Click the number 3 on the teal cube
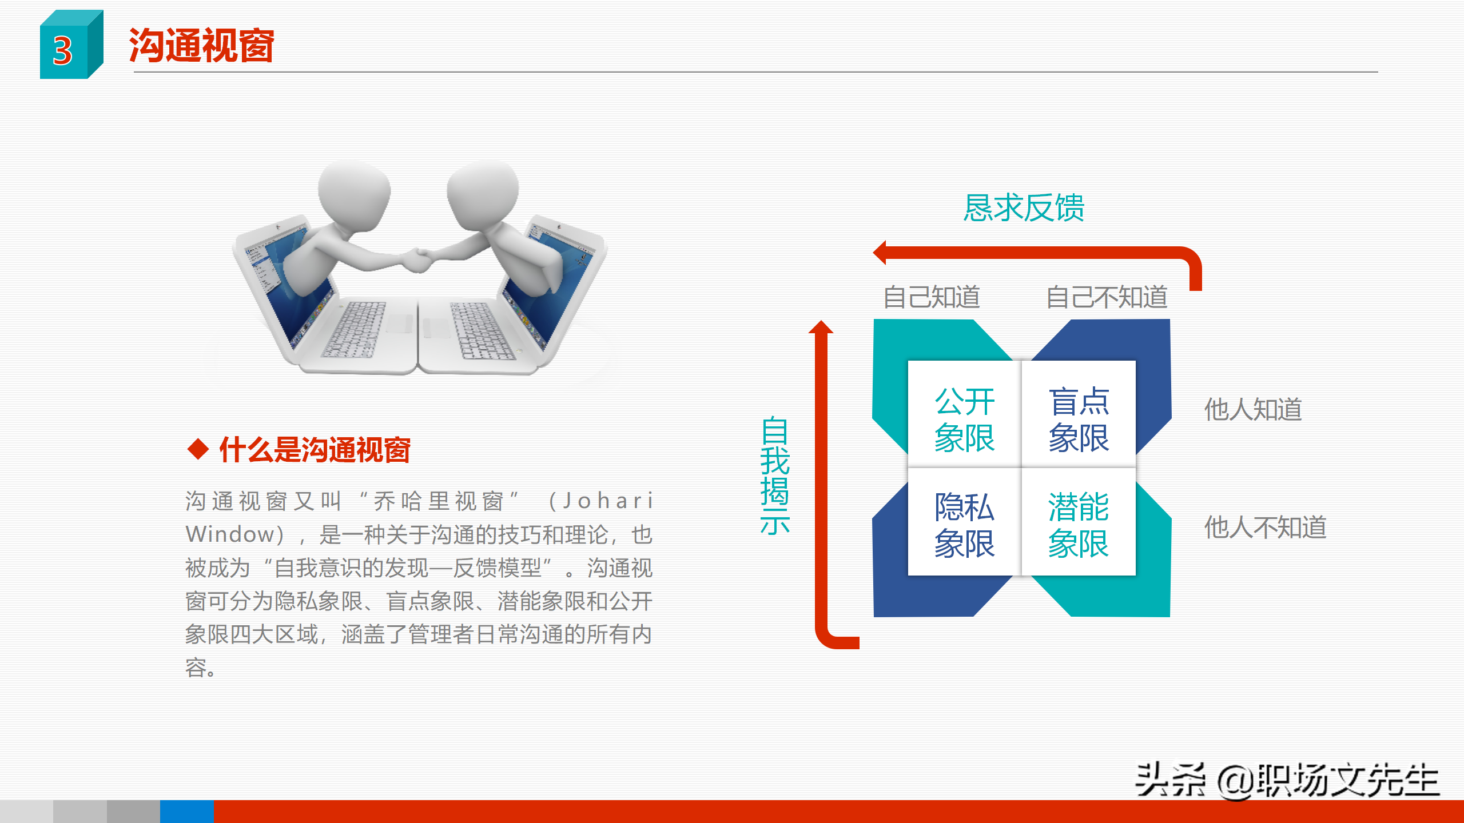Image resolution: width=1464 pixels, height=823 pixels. (x=63, y=51)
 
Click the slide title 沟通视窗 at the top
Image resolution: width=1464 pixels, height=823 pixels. (x=201, y=46)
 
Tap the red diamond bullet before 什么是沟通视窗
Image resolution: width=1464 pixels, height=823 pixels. (x=198, y=449)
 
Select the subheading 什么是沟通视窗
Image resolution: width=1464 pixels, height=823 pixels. (x=315, y=450)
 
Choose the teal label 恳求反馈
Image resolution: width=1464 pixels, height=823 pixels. (x=1024, y=207)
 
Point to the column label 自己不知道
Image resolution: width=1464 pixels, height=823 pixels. (x=1107, y=297)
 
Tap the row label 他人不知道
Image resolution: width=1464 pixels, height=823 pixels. (x=1265, y=527)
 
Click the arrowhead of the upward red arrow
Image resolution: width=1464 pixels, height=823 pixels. (x=821, y=327)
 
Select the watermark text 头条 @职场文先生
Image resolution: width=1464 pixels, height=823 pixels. (x=1287, y=780)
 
